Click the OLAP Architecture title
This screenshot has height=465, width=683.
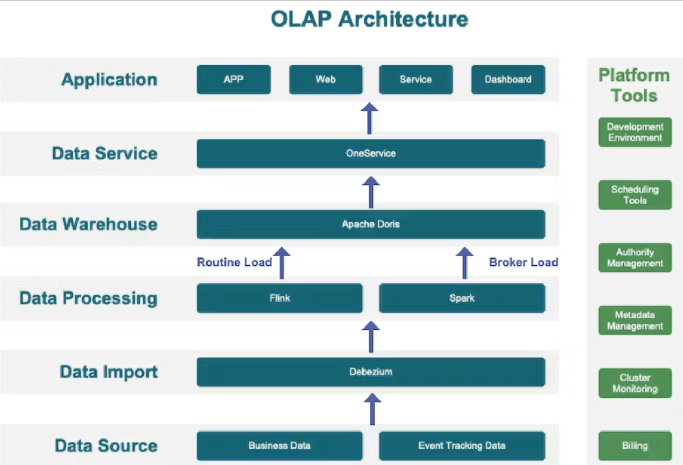click(x=369, y=19)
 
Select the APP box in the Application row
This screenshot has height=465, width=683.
click(x=234, y=80)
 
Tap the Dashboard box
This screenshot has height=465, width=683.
click(x=508, y=80)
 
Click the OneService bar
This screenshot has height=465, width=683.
click(x=371, y=153)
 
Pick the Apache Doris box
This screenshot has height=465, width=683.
click(x=371, y=224)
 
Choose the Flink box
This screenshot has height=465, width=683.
click(x=280, y=298)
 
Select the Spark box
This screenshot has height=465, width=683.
click(x=462, y=298)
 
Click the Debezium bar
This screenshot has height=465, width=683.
click(x=371, y=372)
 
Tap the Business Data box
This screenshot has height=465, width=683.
click(x=280, y=446)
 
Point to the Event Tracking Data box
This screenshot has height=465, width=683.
click(x=462, y=446)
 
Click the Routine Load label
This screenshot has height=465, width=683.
click(x=234, y=262)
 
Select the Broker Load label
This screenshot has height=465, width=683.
click(x=524, y=262)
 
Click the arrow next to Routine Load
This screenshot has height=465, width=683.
click(x=281, y=263)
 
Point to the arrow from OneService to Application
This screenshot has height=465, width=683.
click(x=369, y=118)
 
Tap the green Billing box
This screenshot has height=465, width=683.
click(x=635, y=446)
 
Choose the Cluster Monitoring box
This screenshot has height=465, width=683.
click(x=635, y=383)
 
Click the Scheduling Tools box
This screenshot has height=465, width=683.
click(x=635, y=195)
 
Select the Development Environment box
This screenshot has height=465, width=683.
click(x=635, y=132)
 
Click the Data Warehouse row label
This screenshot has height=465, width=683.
click(x=89, y=225)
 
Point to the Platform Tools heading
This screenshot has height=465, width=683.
click(x=634, y=85)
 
